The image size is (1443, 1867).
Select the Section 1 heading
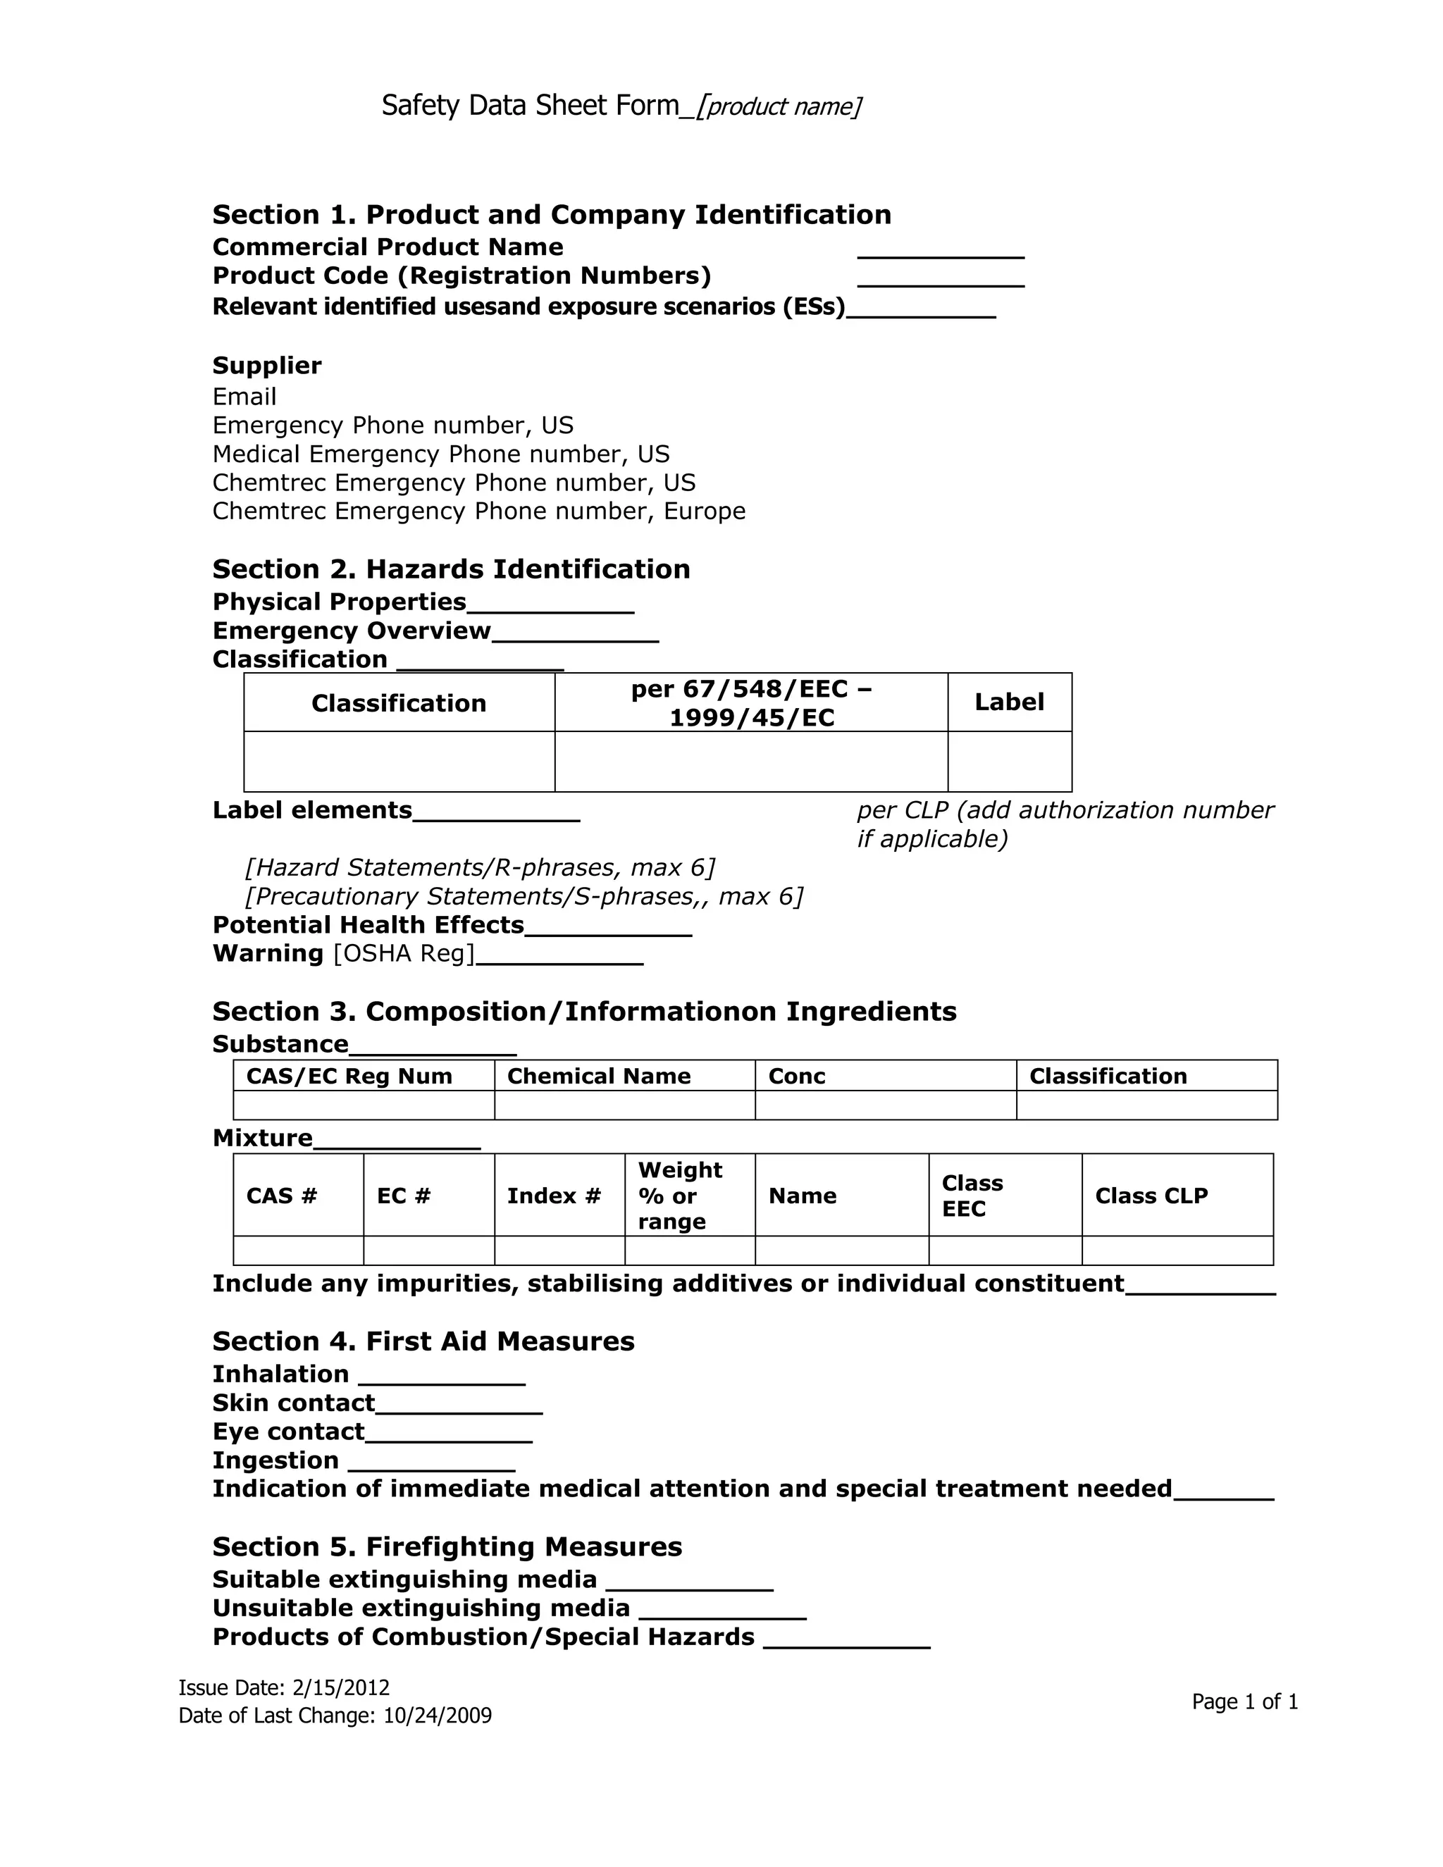click(x=552, y=215)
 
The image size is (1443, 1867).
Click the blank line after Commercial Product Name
click(x=941, y=253)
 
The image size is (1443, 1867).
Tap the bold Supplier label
click(x=267, y=366)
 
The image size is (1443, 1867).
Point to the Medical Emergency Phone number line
click(x=440, y=454)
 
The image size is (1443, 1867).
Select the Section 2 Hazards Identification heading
click(x=450, y=569)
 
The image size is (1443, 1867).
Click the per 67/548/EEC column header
click(x=750, y=702)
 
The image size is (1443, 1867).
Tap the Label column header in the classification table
click(x=1009, y=702)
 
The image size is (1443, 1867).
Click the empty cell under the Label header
click(x=1009, y=762)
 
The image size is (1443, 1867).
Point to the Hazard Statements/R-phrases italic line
click(x=480, y=868)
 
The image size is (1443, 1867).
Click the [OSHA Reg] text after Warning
click(x=404, y=954)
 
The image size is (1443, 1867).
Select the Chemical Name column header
click(x=598, y=1077)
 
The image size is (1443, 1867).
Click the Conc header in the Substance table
click(x=797, y=1077)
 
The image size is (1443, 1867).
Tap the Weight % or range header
click(x=680, y=1195)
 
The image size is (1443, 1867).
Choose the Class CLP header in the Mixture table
click(x=1151, y=1196)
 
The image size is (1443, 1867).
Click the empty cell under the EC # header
click(x=428, y=1251)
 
